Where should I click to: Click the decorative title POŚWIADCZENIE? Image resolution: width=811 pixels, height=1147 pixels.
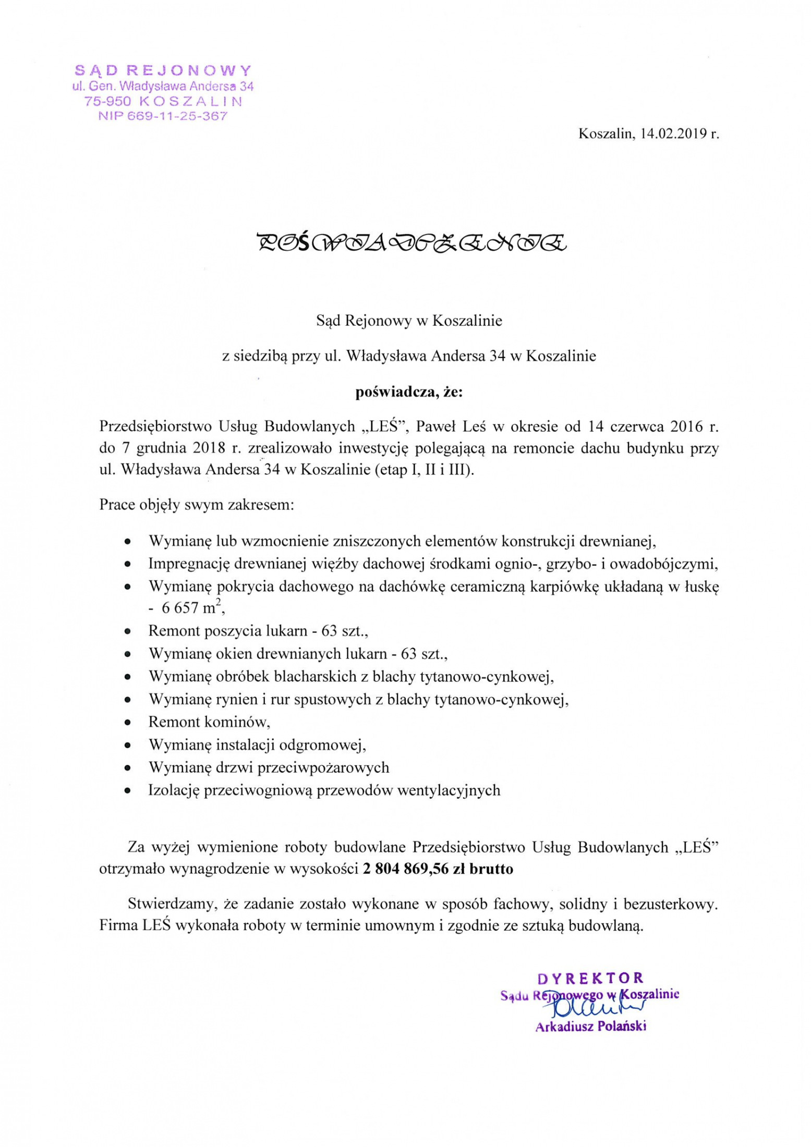[412, 242]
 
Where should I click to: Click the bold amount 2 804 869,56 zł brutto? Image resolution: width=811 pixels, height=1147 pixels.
[437, 869]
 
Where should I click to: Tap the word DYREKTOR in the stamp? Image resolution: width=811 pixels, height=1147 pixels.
[590, 978]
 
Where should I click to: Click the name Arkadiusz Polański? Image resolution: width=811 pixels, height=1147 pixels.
[590, 1027]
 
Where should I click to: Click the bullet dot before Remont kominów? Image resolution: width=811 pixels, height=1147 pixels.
[127, 723]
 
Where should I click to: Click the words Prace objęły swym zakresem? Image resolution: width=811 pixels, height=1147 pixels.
[196, 505]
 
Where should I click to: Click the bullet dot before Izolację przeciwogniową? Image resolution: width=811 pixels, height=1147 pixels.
[127, 791]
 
